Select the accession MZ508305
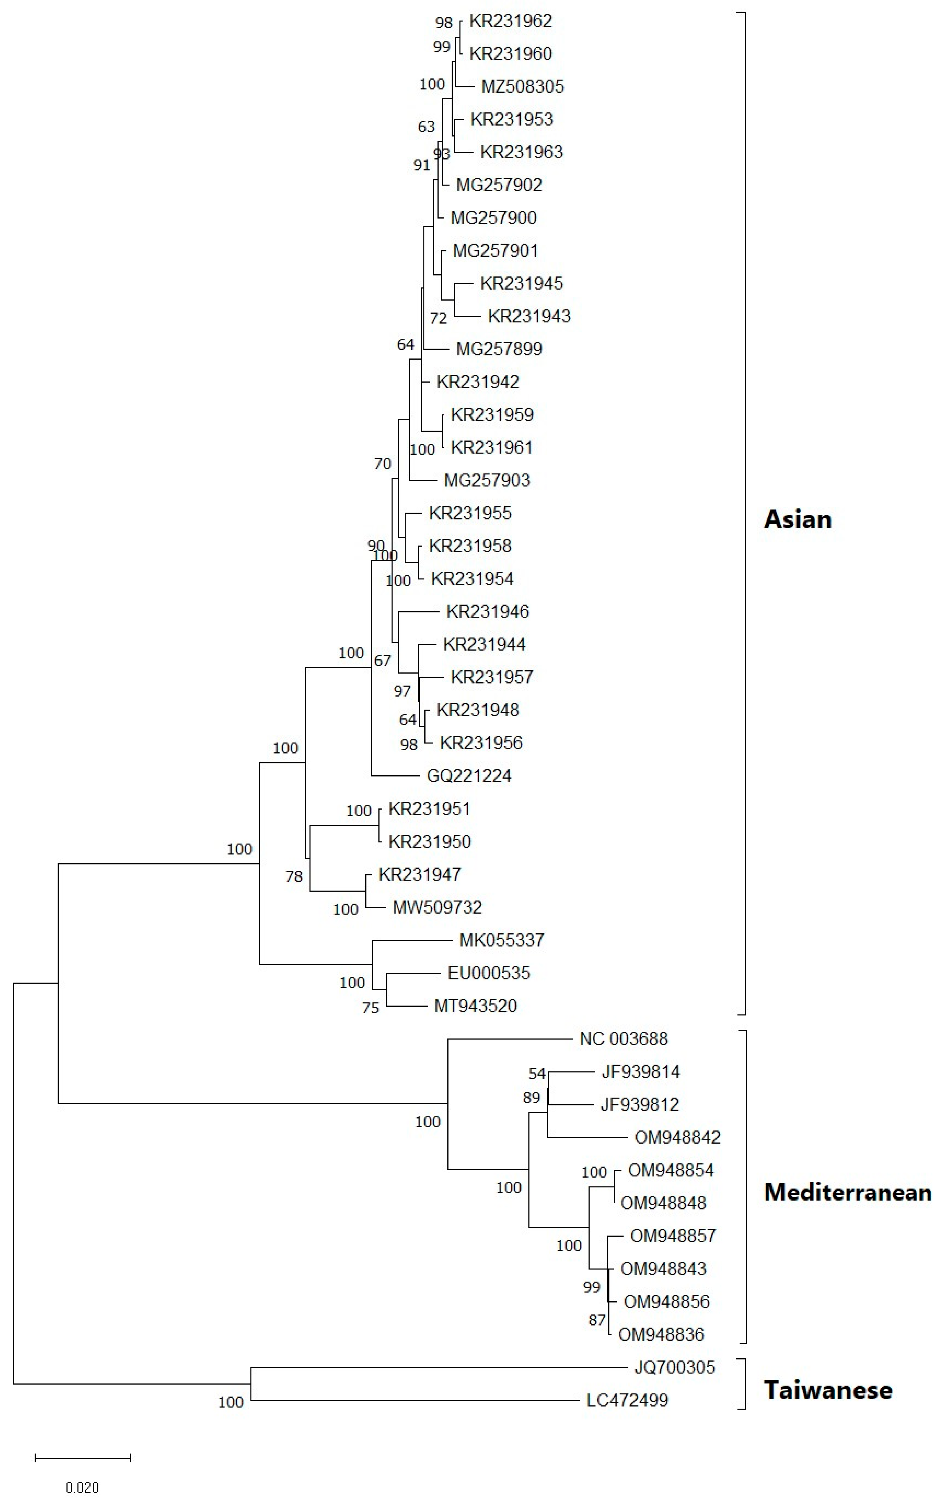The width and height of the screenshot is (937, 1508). [522, 86]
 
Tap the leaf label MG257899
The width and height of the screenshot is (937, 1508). [499, 349]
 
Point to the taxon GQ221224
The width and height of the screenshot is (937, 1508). [469, 776]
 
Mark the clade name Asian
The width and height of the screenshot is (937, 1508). [797, 519]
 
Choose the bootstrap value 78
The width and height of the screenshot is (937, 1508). [294, 877]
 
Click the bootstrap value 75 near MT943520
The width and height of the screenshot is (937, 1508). [370, 1008]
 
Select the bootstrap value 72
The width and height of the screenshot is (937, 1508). [438, 318]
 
